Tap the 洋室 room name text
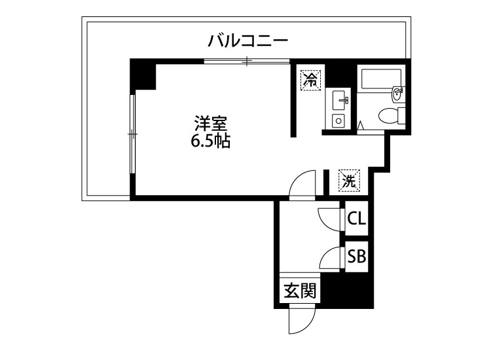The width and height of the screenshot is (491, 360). tap(210, 122)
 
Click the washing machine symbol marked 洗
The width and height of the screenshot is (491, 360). tap(349, 181)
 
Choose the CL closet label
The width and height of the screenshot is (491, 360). tap(356, 219)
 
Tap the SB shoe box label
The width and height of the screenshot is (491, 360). tap(356, 256)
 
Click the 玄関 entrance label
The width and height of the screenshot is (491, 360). tap(300, 289)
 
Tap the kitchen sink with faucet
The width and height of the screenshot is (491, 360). tap(339, 101)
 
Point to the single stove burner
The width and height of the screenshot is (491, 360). tap(339, 120)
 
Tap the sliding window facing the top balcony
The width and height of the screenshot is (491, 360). tap(246, 62)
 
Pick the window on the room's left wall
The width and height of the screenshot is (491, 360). tap(132, 134)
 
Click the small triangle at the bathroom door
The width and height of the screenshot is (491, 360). tap(360, 124)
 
